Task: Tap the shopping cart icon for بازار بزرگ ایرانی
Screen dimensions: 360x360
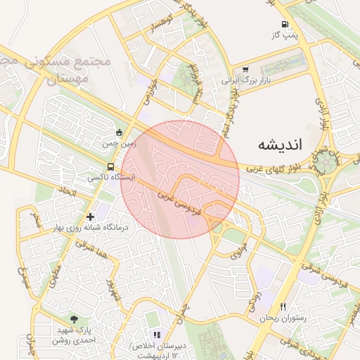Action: pos(245,70)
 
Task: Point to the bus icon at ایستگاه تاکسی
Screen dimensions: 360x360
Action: pos(111,167)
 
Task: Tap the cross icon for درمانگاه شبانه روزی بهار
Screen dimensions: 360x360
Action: pos(89,217)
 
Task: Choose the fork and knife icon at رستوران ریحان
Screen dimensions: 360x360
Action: pos(283,307)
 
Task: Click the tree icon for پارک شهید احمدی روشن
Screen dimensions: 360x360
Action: pos(75,319)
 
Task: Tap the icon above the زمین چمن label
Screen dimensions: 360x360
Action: pos(119,132)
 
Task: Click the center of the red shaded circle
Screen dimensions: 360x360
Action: pos(181,179)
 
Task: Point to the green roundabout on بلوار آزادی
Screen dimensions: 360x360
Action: pos(327,164)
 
